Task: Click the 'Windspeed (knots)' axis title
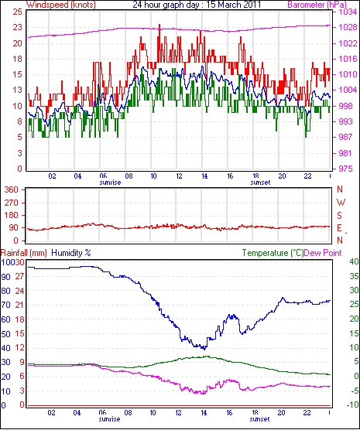point(61,5)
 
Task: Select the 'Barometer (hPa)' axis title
point(317,5)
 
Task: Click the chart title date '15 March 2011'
point(231,5)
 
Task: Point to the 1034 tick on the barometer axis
point(348,12)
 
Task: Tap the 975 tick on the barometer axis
point(348,169)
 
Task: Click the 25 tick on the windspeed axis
point(17,12)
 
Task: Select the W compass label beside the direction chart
point(341,203)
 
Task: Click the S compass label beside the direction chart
point(340,216)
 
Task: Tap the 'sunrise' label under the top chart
point(110,183)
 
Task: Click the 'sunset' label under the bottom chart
point(260,419)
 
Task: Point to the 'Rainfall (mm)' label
point(24,253)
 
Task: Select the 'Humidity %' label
point(71,253)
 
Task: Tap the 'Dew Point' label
point(323,253)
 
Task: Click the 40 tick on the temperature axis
point(354,262)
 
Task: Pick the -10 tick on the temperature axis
point(353,404)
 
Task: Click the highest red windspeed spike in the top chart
point(159,25)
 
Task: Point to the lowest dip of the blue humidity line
point(204,349)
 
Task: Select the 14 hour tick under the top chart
point(204,176)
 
